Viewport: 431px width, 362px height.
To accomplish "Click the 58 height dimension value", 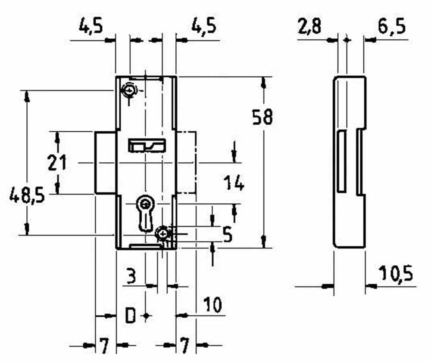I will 262,118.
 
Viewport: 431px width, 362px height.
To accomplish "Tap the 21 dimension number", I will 57,163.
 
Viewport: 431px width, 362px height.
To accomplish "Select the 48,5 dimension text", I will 27,197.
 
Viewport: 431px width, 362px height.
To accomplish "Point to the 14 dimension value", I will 234,183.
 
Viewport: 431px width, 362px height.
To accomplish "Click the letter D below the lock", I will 130,316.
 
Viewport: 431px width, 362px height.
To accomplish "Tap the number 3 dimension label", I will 131,275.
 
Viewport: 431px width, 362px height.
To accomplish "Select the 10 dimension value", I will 212,305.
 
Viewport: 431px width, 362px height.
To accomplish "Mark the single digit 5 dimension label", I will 227,234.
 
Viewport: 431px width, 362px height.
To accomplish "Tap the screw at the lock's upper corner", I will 129,90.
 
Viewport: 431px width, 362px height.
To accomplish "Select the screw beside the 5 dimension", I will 163,233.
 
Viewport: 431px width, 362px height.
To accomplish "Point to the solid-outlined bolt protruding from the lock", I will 105,162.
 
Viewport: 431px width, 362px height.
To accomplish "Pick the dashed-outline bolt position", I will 186,162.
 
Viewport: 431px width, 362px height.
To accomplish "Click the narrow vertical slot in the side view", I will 342,161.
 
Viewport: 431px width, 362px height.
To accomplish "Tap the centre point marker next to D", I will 147,316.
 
